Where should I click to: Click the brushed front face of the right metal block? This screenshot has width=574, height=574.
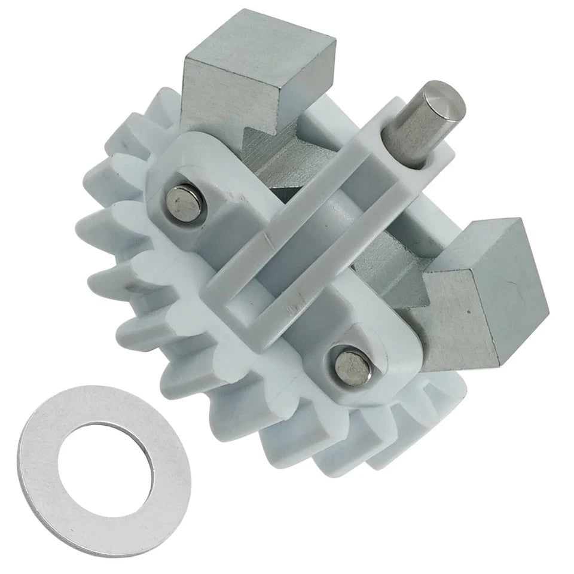460,317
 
